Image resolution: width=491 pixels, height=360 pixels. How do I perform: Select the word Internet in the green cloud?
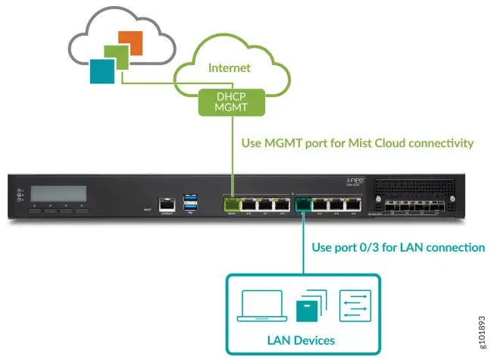pyautogui.click(x=230, y=68)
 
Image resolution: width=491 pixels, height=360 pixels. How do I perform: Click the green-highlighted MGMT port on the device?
pyautogui.click(x=230, y=203)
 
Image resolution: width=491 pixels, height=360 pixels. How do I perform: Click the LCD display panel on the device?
pyautogui.click(x=58, y=193)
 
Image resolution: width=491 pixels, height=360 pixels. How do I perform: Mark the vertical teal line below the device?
pyautogui.click(x=304, y=243)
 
